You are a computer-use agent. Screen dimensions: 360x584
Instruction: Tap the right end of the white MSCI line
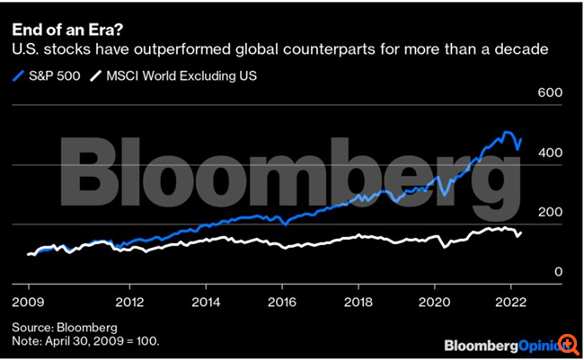[521, 233]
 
